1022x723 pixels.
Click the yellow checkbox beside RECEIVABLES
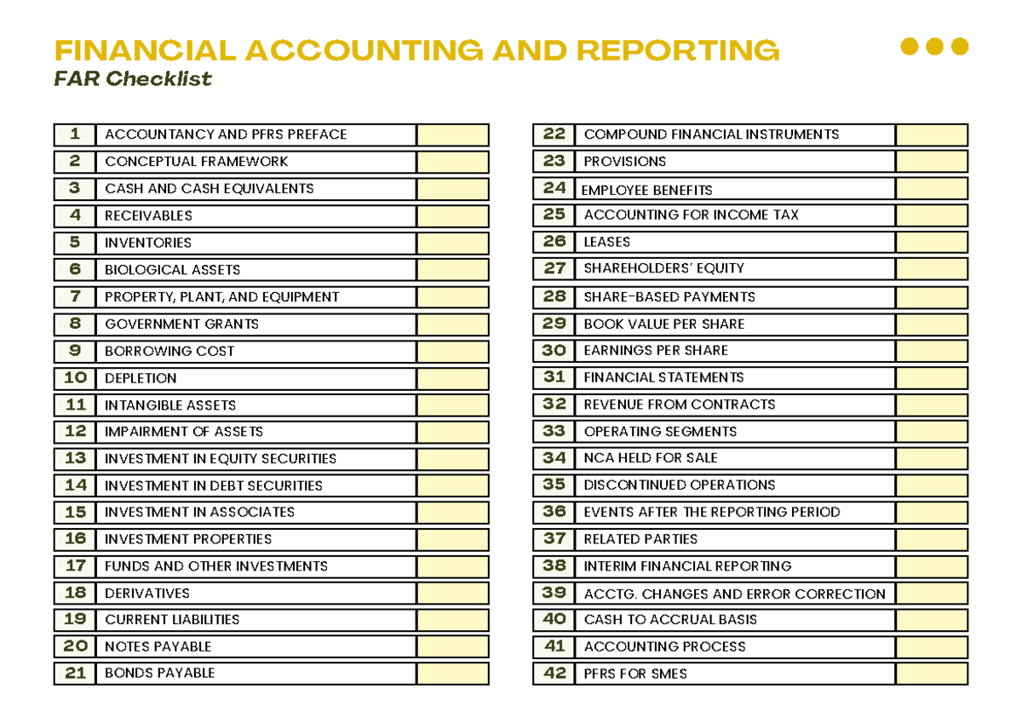(x=453, y=215)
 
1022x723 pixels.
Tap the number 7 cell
(x=76, y=297)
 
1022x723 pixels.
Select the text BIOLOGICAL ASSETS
(x=172, y=270)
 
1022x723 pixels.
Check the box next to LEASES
(x=932, y=242)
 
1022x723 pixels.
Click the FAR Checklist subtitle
(x=132, y=79)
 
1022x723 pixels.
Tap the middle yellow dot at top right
(x=934, y=46)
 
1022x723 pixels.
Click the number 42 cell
(x=554, y=674)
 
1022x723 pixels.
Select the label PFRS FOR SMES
(x=635, y=674)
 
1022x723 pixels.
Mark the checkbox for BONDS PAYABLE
(x=453, y=674)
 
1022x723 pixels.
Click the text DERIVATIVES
(x=147, y=593)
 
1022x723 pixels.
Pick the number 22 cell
(x=554, y=135)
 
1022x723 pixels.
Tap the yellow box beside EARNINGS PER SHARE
(x=932, y=350)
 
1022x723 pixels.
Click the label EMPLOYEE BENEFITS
(x=646, y=190)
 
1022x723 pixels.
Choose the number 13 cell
(x=76, y=458)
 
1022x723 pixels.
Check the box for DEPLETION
(x=453, y=378)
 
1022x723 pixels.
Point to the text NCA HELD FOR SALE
(x=651, y=458)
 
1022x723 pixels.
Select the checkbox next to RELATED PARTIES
(x=932, y=539)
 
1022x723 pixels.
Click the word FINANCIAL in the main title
(x=145, y=51)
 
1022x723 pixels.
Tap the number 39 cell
(x=554, y=594)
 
